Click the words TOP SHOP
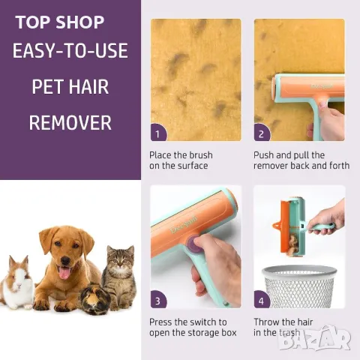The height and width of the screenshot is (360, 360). coord(60,22)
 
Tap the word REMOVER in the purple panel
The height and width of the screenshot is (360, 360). coord(70,123)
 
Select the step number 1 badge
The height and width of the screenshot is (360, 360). coord(158,133)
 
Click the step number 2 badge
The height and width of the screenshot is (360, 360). coord(262,133)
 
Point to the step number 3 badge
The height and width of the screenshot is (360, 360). coord(158,299)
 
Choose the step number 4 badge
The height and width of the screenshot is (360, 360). coord(262,299)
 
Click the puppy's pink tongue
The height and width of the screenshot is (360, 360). coord(64,273)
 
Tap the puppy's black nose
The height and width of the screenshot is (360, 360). coord(65,261)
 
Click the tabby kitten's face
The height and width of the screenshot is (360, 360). coord(121,260)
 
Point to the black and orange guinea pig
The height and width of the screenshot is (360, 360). coord(94,298)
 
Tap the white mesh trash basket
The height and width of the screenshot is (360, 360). coord(299,286)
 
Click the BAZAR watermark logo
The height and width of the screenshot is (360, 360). coord(315,338)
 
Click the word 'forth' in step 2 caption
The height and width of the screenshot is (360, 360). coord(339,166)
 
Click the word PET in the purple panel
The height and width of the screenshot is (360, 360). coord(48,87)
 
